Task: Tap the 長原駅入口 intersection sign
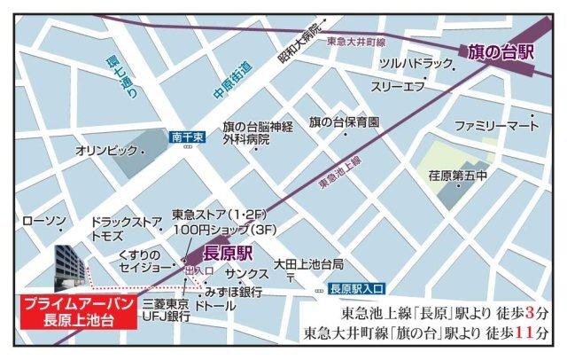[x=353, y=288]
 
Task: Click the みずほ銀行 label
[x=233, y=290]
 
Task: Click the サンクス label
[x=245, y=273]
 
